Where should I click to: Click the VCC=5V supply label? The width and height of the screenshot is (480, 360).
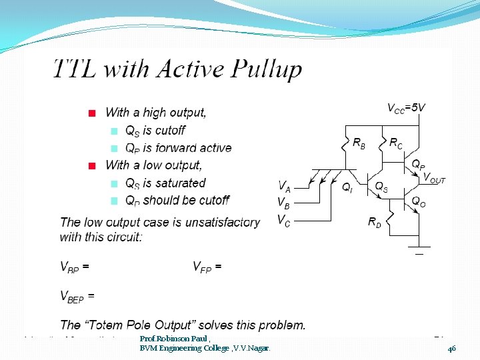(x=406, y=107)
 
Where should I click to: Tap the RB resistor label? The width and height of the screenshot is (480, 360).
(x=358, y=143)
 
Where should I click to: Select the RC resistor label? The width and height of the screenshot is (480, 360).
(x=395, y=143)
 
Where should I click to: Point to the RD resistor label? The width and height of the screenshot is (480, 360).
(x=375, y=223)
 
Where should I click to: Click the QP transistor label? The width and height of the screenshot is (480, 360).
(x=418, y=164)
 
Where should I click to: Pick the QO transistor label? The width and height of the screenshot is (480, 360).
(x=418, y=200)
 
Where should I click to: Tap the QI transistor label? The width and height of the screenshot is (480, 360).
(x=347, y=189)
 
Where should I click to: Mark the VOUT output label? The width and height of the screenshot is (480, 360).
(x=434, y=178)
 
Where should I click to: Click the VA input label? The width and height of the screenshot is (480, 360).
(x=284, y=186)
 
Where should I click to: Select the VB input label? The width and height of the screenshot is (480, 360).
(x=284, y=202)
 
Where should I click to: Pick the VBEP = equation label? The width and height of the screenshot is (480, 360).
(x=77, y=296)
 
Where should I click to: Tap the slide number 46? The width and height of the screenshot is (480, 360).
(x=451, y=348)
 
